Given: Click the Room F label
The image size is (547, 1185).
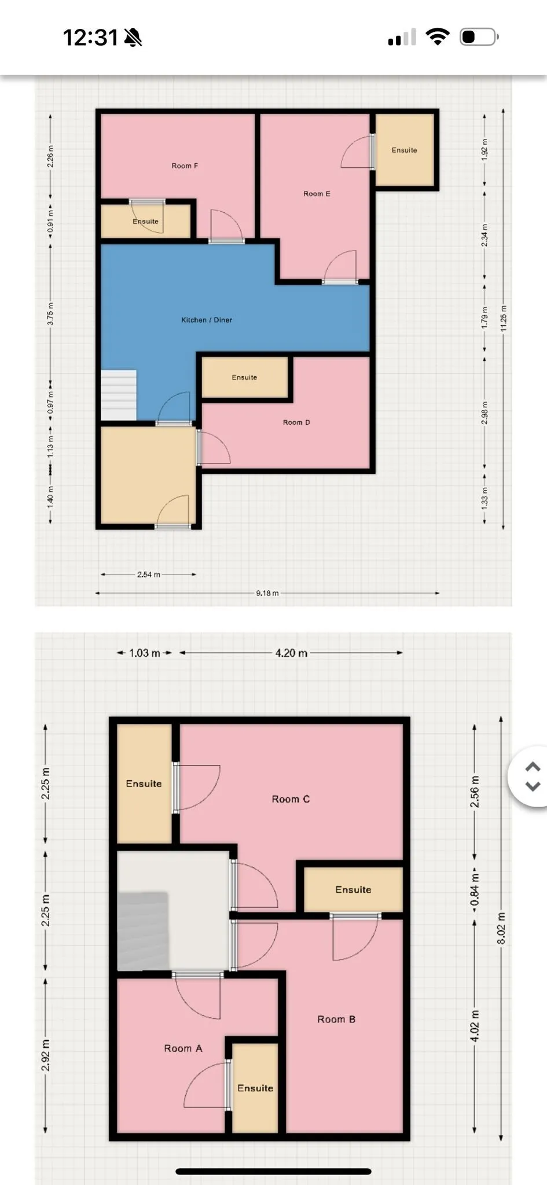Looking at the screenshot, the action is point(185,166).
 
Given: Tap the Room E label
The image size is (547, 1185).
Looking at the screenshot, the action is point(317,194).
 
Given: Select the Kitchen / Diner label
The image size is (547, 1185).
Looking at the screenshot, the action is point(207,320).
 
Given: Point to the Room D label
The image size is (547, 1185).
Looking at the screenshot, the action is point(296,422).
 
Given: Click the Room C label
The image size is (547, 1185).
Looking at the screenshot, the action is point(291,799).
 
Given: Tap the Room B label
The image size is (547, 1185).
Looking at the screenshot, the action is point(336,1019).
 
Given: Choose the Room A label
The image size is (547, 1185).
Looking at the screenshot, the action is point(183,1048).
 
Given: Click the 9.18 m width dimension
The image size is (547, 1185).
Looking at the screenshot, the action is point(267,593).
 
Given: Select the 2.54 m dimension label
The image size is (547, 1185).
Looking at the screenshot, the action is point(149,575).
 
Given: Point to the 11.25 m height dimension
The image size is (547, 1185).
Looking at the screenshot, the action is point(504,319).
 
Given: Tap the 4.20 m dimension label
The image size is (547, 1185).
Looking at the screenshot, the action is point(291,653).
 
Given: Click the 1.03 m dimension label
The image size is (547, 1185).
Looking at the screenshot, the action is point(145,653).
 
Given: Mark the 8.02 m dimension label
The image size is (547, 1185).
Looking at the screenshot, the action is point(501,928).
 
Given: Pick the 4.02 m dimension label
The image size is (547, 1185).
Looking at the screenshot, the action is point(475,1026).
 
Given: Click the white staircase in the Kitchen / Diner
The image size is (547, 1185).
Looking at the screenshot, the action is point(119,395).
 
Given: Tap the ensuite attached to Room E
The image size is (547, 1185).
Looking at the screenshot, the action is point(405,150).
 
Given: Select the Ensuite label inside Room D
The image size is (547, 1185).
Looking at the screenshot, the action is point(244,377).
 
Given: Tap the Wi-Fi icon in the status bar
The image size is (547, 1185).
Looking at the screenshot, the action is point(438,37).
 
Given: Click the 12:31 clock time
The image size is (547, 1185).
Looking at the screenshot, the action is point(90,38).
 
